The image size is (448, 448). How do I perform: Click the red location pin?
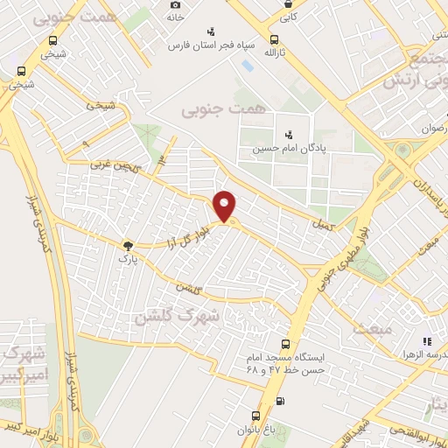click(x=226, y=206)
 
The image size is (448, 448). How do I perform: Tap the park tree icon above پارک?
click(x=129, y=247)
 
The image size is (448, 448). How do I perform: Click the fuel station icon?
click(x=279, y=402)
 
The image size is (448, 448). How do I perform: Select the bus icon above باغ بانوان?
click(x=255, y=416)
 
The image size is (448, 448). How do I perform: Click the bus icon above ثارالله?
click(x=276, y=39)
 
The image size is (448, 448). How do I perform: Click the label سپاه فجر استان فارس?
click(x=210, y=44)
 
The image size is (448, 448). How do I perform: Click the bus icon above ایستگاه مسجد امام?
click(x=284, y=345)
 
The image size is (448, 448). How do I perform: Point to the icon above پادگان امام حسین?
click(x=289, y=135)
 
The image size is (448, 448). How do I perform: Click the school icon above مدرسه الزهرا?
click(x=427, y=341)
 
